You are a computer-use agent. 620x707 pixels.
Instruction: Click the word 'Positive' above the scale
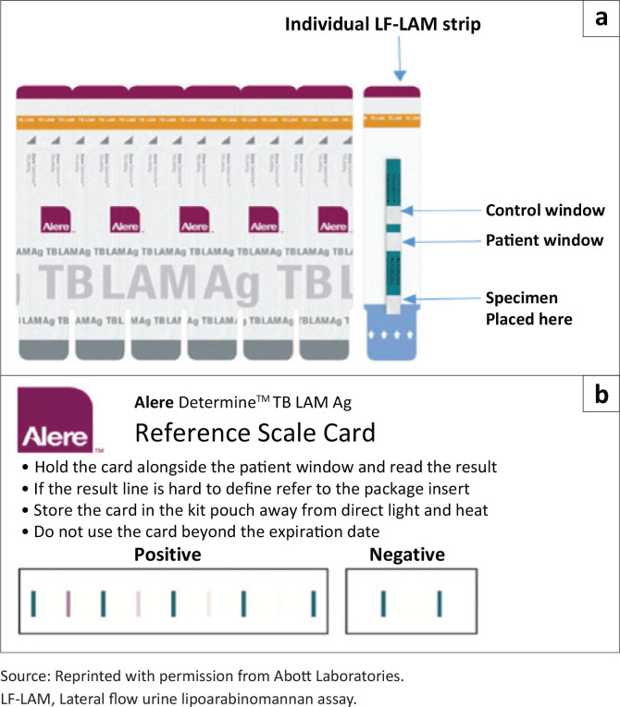click(x=168, y=555)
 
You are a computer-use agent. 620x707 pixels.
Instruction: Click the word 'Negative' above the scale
click(x=407, y=555)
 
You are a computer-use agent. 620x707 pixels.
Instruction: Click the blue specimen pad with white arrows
click(x=393, y=332)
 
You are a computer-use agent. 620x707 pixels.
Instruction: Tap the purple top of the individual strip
click(x=392, y=92)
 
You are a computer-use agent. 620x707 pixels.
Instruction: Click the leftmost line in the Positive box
click(x=33, y=603)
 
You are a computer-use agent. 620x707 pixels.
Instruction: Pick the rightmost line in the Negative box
click(x=440, y=603)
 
